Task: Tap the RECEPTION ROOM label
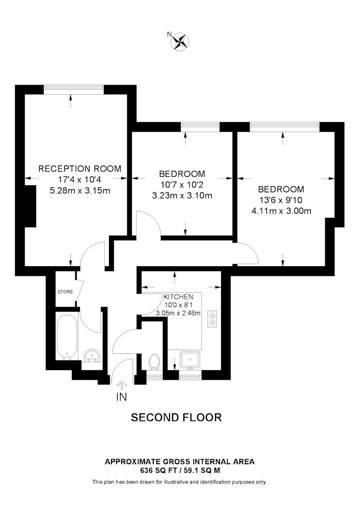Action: (80, 169)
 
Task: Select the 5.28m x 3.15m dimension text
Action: (80, 191)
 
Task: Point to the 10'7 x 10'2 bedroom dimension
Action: (182, 185)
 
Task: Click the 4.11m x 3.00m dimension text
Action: (282, 211)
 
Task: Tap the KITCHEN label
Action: (178, 297)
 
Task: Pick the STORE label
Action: (65, 292)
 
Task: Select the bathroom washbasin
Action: (92, 355)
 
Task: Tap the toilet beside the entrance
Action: (154, 361)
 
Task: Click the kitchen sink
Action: (190, 360)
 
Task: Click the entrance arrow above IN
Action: (122, 386)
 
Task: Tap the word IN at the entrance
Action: (121, 397)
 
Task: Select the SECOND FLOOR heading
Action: (176, 417)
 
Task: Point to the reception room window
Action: (74, 87)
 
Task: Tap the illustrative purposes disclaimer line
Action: (180, 482)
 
